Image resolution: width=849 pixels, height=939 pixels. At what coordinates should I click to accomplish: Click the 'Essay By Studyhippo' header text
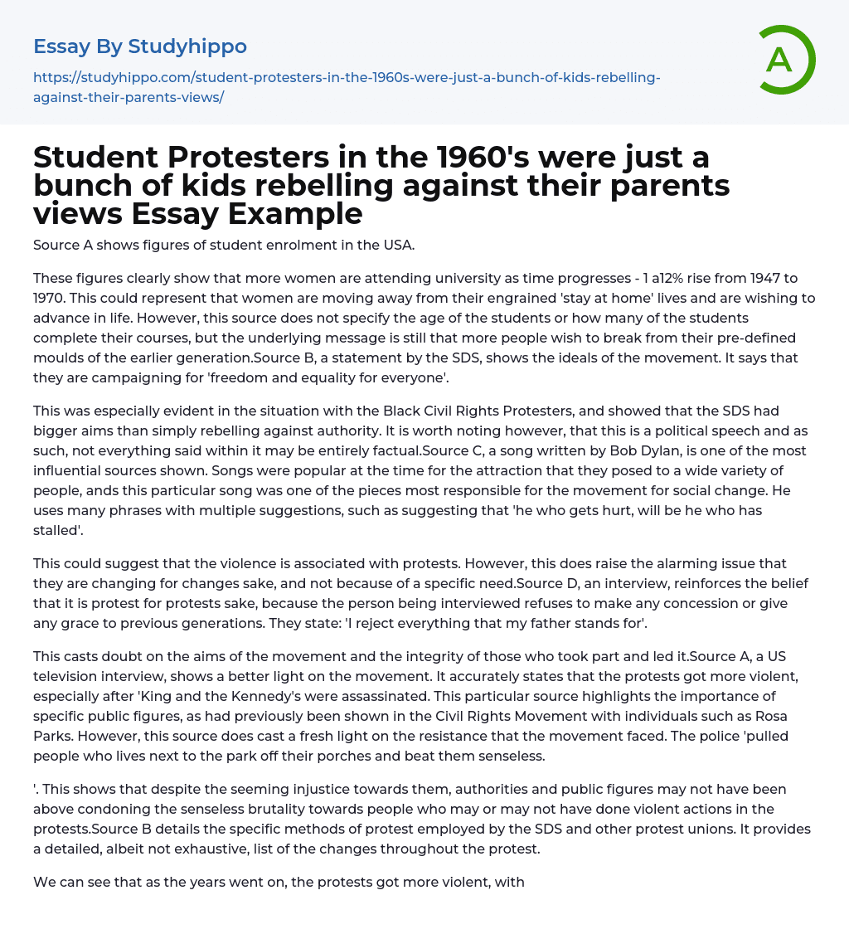(x=140, y=46)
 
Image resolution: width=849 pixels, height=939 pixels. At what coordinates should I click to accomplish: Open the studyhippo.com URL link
(x=347, y=87)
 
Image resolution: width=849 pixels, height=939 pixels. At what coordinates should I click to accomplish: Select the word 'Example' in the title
(x=296, y=213)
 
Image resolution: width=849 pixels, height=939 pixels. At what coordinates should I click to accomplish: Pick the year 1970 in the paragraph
(x=51, y=298)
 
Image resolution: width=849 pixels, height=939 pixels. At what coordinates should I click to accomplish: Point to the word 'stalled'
(x=57, y=531)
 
